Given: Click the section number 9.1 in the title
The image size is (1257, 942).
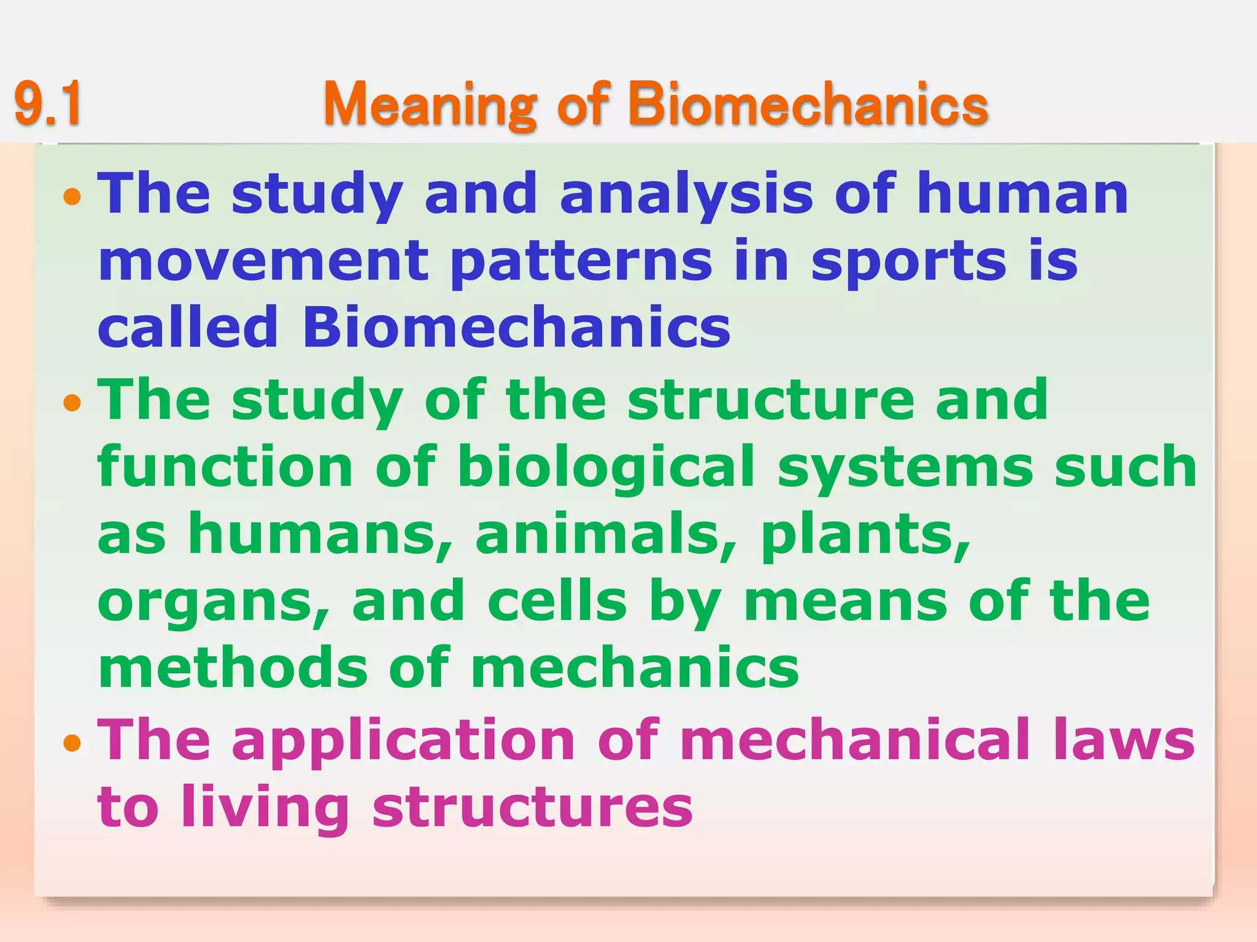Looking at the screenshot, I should point(48,104).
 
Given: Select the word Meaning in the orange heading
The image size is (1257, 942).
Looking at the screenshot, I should point(430,104).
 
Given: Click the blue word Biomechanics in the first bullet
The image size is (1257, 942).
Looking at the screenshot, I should point(516,327).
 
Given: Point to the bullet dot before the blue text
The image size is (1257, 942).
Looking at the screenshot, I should point(72,197).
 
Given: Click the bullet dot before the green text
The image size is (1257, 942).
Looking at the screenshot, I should point(72,403).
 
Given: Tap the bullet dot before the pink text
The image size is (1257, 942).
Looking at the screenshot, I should point(72,743).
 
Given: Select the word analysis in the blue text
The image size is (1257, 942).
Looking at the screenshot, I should point(686,195).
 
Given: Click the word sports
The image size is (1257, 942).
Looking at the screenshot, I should point(908,262).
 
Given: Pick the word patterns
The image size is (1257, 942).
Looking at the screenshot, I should point(581,262).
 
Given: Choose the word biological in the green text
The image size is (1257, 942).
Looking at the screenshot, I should point(606,467).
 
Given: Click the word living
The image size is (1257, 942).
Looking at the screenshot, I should point(265,808).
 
